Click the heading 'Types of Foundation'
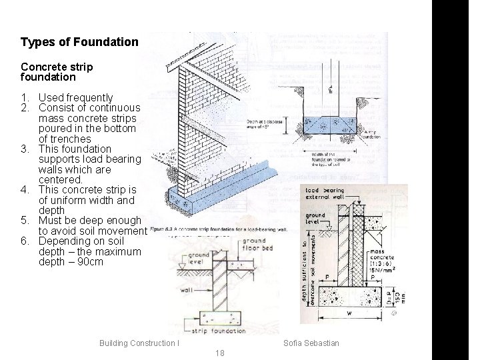point(79,42)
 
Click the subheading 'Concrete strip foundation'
point(57,72)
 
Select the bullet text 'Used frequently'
point(76,97)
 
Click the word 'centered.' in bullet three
point(61,180)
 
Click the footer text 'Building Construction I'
point(139,343)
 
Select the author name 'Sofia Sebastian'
point(311,343)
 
